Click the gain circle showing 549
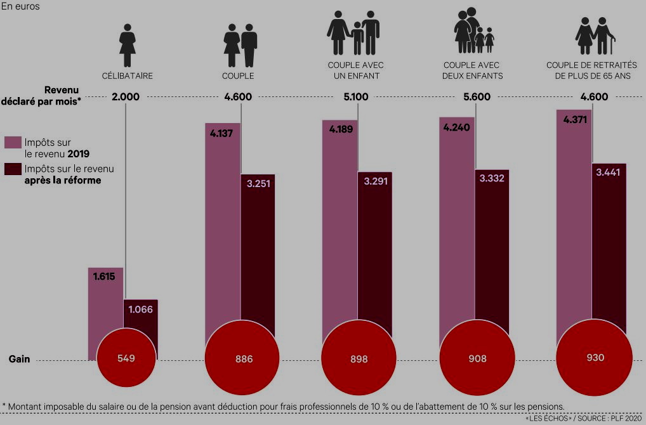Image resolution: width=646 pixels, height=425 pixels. point(126,358)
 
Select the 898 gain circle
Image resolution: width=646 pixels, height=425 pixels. point(359,359)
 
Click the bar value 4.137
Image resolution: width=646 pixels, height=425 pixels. point(222,134)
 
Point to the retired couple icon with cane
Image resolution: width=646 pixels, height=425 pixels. point(595,36)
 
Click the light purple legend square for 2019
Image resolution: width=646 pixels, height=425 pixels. point(13,141)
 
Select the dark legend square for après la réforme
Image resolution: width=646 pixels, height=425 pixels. point(13,169)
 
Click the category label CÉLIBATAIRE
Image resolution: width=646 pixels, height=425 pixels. point(128,75)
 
